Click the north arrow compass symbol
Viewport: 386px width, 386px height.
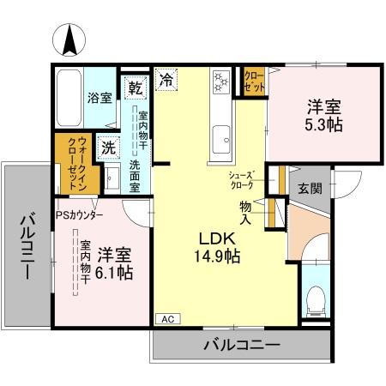(69, 39)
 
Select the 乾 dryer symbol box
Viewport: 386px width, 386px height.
(135, 87)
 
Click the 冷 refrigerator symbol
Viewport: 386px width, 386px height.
(166, 82)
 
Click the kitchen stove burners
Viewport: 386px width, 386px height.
(220, 82)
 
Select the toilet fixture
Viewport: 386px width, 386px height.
(316, 301)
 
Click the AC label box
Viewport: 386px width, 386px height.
(166, 318)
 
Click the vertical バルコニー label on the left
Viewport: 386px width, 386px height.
(26, 249)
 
